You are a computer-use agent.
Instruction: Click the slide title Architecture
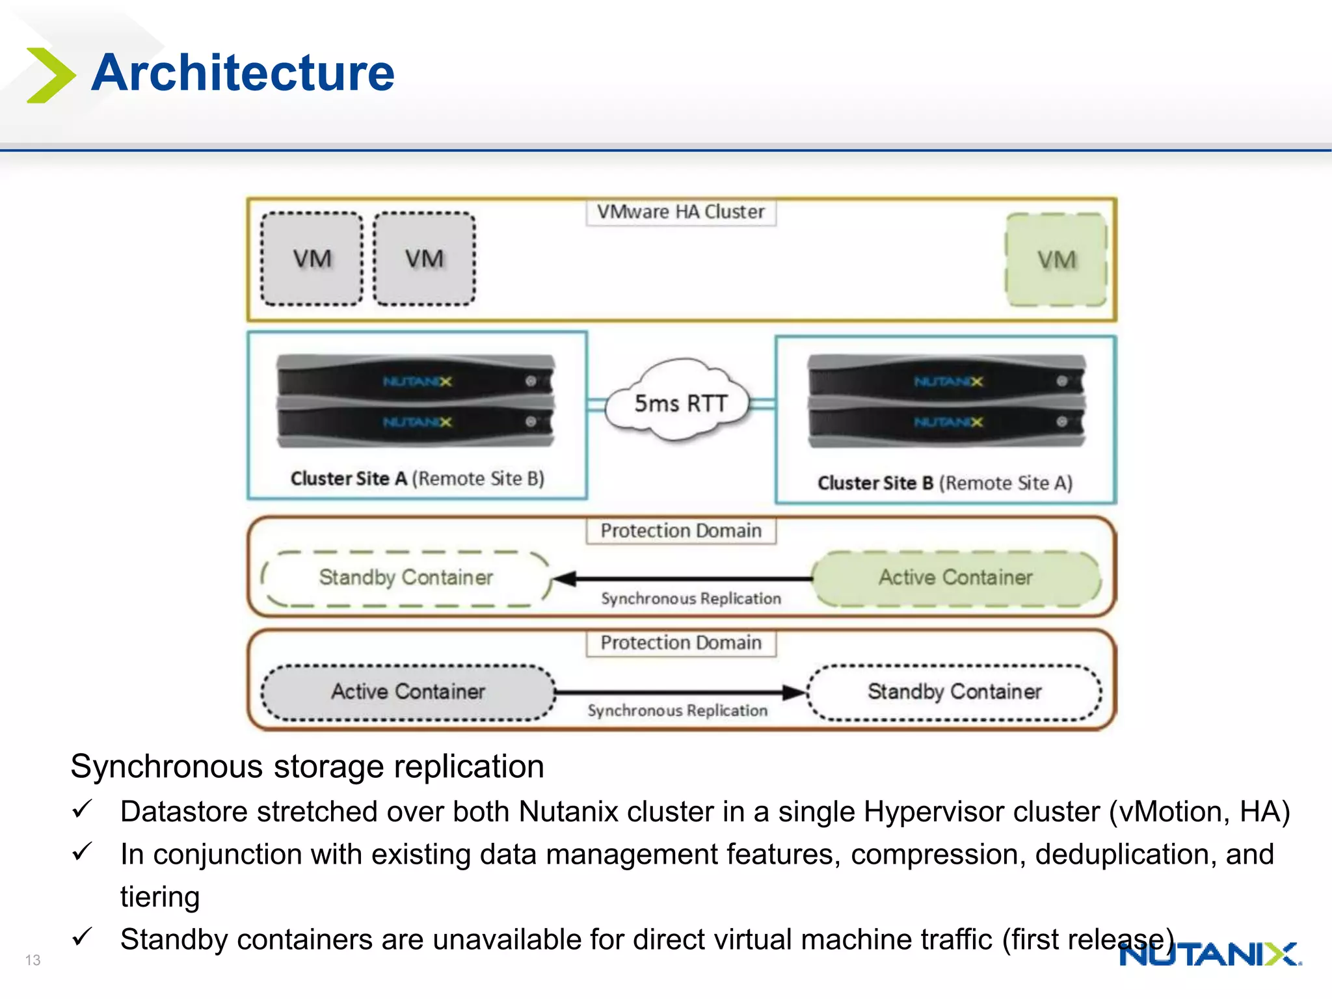pos(243,72)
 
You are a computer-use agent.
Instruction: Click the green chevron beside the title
pos(49,75)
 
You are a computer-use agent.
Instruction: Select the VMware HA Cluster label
pos(680,212)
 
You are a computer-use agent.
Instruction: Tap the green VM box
pos(1056,260)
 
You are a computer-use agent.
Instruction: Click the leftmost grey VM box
pos(312,259)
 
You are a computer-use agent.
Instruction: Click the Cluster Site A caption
pos(417,479)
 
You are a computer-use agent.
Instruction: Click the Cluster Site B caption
pos(944,483)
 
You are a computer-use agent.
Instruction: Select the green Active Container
pos(955,578)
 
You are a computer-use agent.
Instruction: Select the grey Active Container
pos(408,691)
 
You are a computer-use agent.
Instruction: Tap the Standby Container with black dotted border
pos(954,691)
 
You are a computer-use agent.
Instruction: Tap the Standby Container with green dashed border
pos(406,578)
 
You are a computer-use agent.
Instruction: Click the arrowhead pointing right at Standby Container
pos(795,692)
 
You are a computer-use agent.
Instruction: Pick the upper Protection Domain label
pos(680,531)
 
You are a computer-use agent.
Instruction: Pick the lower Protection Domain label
pos(680,643)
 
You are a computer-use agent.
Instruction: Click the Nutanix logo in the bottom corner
pos(1210,955)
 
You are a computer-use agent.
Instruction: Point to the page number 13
pos(33,960)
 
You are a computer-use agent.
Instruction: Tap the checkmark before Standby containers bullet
pos(83,937)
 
